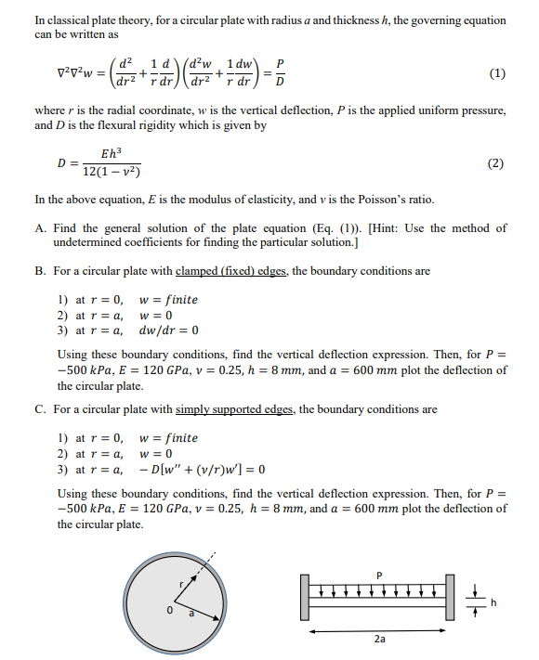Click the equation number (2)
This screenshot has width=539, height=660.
click(x=496, y=164)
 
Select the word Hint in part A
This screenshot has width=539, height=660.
click(x=386, y=228)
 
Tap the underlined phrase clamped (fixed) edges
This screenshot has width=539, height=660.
click(x=224, y=272)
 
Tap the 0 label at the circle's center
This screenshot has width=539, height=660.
click(x=170, y=611)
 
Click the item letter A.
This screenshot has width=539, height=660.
click(x=40, y=228)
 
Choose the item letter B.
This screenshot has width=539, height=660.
click(x=40, y=272)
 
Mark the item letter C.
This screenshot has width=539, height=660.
click(x=40, y=408)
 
